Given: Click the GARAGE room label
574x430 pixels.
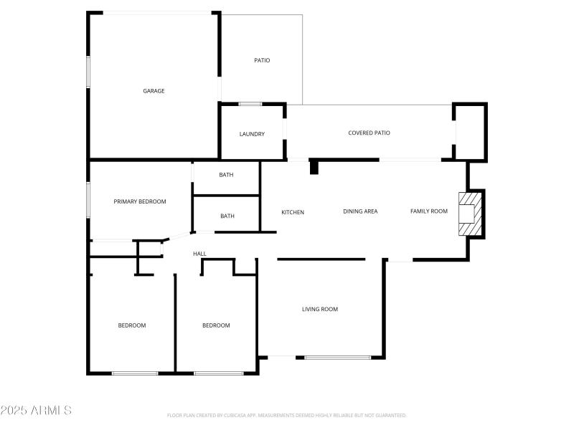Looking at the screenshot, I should tap(154, 91).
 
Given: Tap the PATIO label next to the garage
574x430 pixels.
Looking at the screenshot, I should tap(262, 60).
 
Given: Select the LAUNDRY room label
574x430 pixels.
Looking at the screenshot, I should tap(252, 134).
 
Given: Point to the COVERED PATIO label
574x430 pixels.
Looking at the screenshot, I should tap(369, 133).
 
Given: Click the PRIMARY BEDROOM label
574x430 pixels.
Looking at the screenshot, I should tap(140, 201).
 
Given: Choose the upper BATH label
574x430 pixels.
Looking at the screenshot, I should tap(227, 174).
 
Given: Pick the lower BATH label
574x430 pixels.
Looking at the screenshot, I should tap(227, 216).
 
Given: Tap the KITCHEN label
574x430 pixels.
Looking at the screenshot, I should tap(293, 212).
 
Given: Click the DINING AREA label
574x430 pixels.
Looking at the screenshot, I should tap(360, 211).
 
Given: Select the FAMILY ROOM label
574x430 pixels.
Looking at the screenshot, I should tap(429, 211).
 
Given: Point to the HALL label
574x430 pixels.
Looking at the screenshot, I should tap(199, 254).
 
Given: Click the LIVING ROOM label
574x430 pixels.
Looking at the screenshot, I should tap(319, 309).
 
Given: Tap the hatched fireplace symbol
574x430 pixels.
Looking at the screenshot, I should tap(471, 213).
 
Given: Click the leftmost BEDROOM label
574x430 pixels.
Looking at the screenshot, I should tap(132, 325).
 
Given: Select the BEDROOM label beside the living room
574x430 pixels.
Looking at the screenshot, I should tap(216, 325).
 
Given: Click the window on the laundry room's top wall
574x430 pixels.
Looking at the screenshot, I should tap(250, 104).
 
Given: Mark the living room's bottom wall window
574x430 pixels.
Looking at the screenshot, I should tap(337, 357).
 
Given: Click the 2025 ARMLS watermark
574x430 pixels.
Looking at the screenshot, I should tap(36, 411).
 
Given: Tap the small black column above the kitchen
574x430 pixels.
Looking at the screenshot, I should tap(314, 167).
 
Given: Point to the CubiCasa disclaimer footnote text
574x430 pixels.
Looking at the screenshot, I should tap(287, 415).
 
